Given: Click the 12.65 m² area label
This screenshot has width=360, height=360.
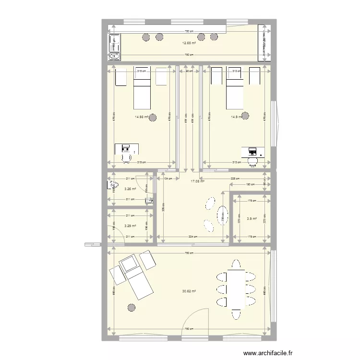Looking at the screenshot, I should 189,43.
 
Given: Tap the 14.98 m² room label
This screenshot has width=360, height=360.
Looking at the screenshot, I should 142,116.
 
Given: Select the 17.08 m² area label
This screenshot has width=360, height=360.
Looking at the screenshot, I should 198,181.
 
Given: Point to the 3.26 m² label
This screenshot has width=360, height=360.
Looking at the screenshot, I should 130,189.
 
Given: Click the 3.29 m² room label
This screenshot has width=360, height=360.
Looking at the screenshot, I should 130,226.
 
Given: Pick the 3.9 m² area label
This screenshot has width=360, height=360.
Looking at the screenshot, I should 251,219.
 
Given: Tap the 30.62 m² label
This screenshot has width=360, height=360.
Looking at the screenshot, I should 189,291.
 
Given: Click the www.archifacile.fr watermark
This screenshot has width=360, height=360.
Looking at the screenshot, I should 268,353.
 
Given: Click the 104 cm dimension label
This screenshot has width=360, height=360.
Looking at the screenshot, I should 168,179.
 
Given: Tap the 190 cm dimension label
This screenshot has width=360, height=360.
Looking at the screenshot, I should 250,184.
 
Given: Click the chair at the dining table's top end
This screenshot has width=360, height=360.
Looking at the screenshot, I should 236,264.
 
